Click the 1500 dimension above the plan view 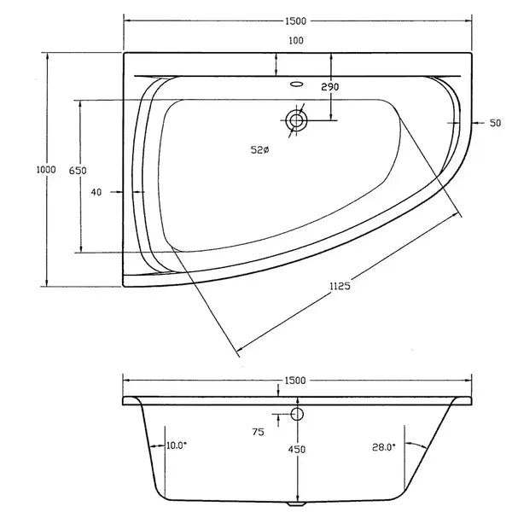click(x=297, y=20)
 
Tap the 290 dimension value click(x=330, y=88)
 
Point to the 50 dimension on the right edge click(x=494, y=124)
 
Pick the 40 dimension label click(x=96, y=192)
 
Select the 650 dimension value click(x=78, y=171)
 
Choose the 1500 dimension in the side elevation click(x=296, y=381)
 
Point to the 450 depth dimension click(x=297, y=449)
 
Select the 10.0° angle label click(x=177, y=445)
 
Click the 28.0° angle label click(x=384, y=445)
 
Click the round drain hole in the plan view click(x=296, y=120)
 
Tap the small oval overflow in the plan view click(x=297, y=84)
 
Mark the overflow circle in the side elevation click(x=297, y=415)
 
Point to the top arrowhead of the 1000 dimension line click(x=49, y=55)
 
